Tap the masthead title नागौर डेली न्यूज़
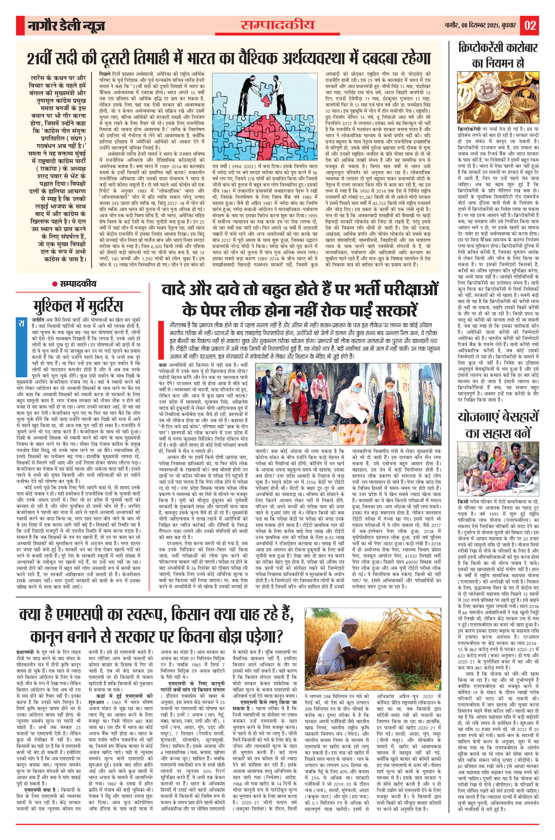click(x=66, y=26)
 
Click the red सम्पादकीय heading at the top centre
click(x=277, y=25)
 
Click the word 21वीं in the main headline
click(x=43, y=58)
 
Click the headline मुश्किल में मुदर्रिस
click(x=75, y=305)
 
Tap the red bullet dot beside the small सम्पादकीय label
click(x=54, y=284)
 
